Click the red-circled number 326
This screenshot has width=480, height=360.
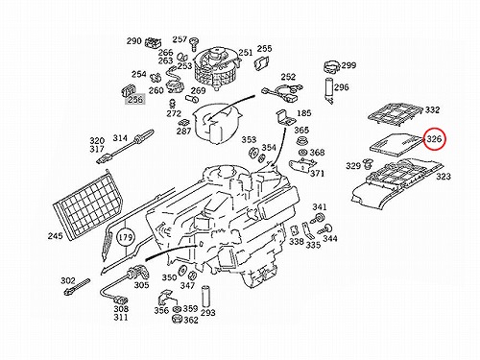point(434,139)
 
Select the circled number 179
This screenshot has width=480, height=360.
point(126,237)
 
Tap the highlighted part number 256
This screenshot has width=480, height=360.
point(134,100)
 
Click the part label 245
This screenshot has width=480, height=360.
point(56,236)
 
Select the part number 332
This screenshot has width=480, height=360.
point(432,109)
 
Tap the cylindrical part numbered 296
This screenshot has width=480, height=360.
point(329,90)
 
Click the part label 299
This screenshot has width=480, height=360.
point(348,65)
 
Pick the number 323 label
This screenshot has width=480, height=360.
point(444,176)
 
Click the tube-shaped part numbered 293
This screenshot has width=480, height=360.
point(205,297)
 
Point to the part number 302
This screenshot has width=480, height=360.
point(68,280)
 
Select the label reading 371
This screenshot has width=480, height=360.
point(317,173)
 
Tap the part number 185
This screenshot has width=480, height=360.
point(304,113)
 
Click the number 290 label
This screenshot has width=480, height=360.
point(133,41)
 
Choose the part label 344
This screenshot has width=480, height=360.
point(330,238)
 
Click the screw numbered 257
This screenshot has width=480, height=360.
point(194,44)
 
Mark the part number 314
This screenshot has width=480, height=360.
point(120,138)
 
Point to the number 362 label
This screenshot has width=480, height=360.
point(191,320)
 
